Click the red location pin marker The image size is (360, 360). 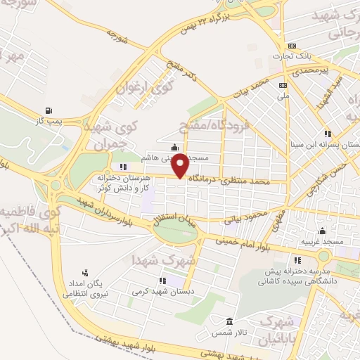click(x=180, y=165)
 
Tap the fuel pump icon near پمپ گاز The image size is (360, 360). click(x=48, y=110)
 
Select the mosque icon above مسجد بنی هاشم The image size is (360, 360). click(x=174, y=146)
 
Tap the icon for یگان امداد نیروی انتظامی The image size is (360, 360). click(x=85, y=272)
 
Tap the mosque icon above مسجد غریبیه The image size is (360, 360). click(x=322, y=231)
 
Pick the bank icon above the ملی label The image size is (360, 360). click(x=283, y=85)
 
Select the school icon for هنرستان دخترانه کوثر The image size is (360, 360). click(x=124, y=167)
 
